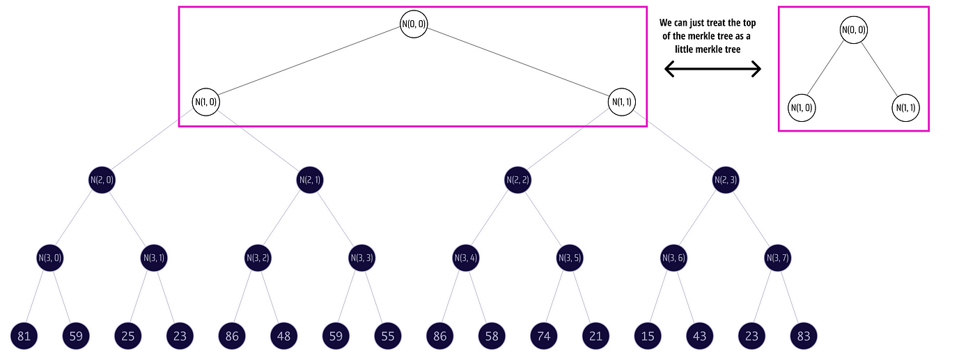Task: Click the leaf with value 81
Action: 24,336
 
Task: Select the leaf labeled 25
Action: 128,336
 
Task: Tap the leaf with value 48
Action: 283,336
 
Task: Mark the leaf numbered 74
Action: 543,336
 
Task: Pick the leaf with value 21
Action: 595,336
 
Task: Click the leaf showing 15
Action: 647,336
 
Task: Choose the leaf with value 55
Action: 387,336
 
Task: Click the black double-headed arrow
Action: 712,68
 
